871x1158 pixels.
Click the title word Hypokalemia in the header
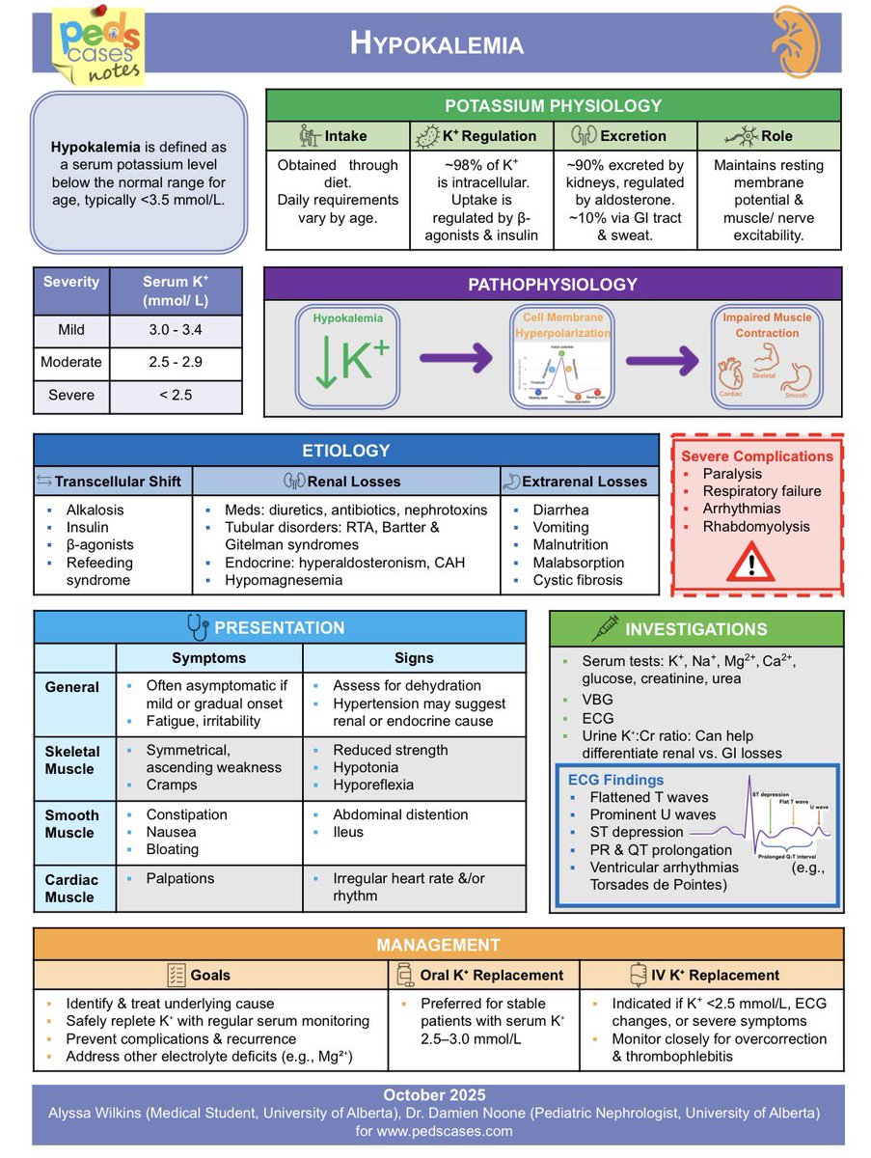click(437, 43)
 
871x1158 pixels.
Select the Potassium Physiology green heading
click(553, 106)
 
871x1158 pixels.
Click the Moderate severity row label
click(71, 363)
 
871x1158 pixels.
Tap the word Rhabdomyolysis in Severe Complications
click(756, 527)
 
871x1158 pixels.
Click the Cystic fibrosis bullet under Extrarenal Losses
click(578, 580)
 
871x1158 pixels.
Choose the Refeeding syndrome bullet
click(99, 571)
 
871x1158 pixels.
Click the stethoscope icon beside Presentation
click(199, 628)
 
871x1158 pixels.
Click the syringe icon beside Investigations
click(605, 629)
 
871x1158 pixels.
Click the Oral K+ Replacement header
click(491, 975)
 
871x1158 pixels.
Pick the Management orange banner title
click(438, 945)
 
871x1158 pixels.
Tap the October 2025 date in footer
click(434, 1095)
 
